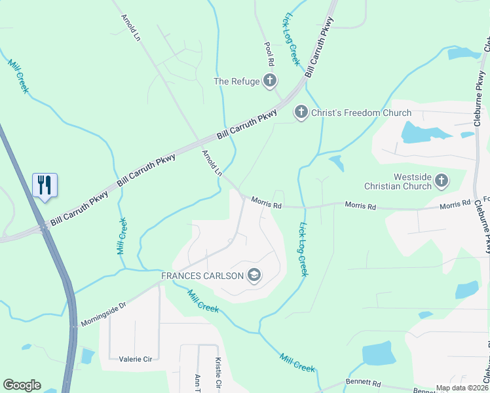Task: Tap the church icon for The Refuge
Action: tap(269, 81)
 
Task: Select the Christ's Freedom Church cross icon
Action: tap(301, 113)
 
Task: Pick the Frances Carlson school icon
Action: tap(254, 276)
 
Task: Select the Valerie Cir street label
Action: tap(136, 359)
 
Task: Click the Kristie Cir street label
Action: tap(219, 372)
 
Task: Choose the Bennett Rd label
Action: tap(363, 382)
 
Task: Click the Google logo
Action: tap(22, 385)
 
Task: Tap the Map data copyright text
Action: tap(462, 388)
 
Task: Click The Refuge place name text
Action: tap(236, 81)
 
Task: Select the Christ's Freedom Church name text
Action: tap(361, 113)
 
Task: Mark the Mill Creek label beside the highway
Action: tap(121, 236)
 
